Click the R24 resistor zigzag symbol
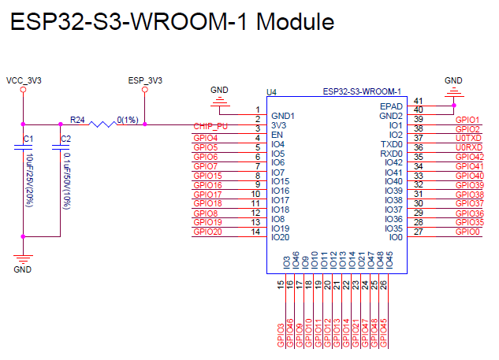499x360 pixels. point(102,124)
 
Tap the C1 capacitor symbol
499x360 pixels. point(23,147)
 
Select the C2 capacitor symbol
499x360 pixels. point(61,147)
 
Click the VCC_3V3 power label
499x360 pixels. point(24,80)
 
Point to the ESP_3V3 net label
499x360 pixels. point(145,80)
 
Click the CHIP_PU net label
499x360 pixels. point(210,126)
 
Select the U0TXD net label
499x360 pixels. point(468,138)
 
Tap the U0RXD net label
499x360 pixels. point(469,147)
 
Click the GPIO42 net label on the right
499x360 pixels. point(470,157)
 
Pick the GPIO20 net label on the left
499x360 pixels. point(207,232)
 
